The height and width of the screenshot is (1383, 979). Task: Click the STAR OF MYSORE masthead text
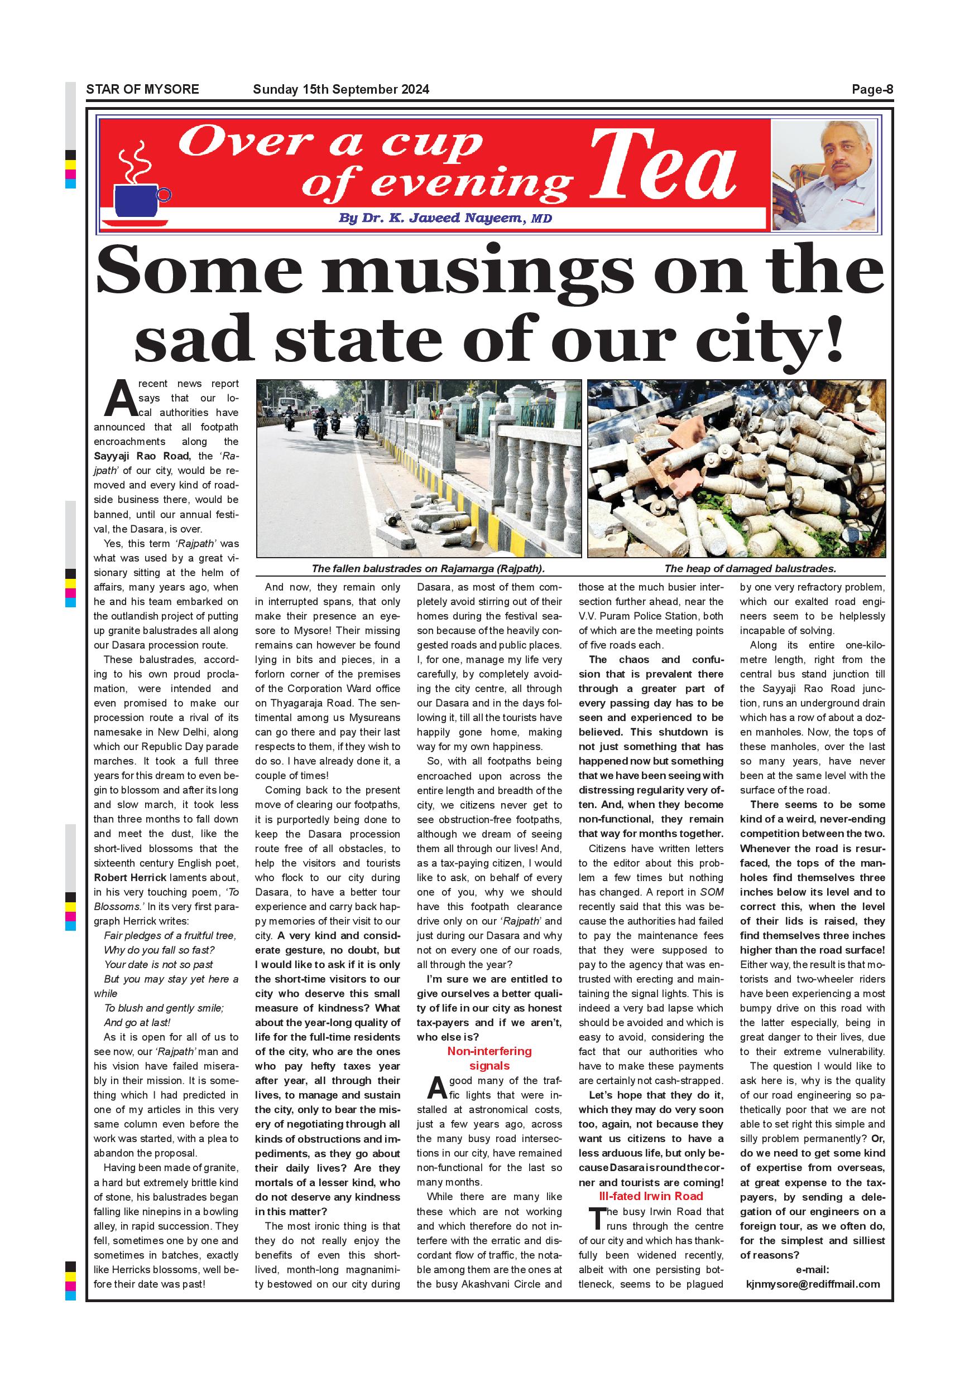pyautogui.click(x=142, y=90)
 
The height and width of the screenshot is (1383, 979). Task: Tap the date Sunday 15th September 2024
pyautogui.click(x=340, y=90)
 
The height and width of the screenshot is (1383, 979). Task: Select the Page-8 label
pyautogui.click(x=872, y=90)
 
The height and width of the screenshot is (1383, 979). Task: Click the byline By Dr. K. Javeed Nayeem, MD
pyautogui.click(x=445, y=218)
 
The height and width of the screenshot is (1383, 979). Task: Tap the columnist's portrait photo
pyautogui.click(x=823, y=175)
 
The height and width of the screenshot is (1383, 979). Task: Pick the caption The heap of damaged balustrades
pyautogui.click(x=750, y=568)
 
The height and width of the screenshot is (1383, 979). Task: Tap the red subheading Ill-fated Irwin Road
pyautogui.click(x=650, y=1196)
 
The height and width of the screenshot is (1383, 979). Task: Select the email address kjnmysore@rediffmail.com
pyautogui.click(x=813, y=1284)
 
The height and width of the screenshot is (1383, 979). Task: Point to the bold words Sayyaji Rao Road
pyautogui.click(x=142, y=456)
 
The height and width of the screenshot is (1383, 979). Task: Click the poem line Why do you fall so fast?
pyautogui.click(x=159, y=950)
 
